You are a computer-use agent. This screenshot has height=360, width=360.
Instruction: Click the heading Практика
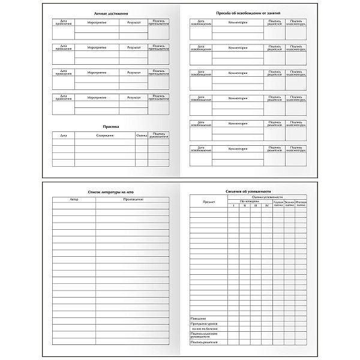[x=112, y=127]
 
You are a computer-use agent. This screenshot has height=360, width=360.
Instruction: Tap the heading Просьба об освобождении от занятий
[x=248, y=13]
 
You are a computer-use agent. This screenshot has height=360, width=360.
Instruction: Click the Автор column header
[x=74, y=199]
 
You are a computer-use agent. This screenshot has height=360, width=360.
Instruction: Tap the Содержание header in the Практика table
[x=105, y=136]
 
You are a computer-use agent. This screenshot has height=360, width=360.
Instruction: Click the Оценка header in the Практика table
[x=142, y=136]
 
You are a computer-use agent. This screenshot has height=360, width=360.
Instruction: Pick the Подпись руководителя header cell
[x=158, y=136]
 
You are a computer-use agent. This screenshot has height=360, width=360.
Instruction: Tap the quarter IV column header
[x=267, y=206]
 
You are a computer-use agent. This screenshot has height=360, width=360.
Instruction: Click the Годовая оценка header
[x=278, y=203]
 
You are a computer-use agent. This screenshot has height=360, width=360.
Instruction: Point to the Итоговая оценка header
[x=301, y=203]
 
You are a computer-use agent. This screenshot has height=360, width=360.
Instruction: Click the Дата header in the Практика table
[x=64, y=136]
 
